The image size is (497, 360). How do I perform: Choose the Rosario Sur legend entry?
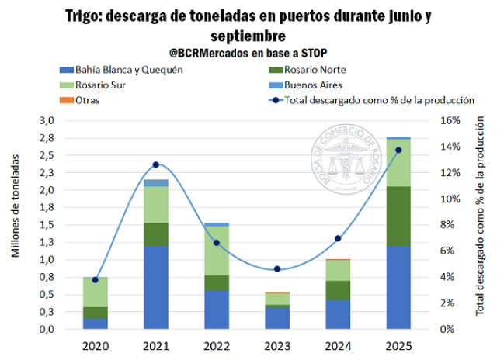pyautogui.click(x=93, y=85)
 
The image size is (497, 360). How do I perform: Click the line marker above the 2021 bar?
pyautogui.click(x=156, y=164)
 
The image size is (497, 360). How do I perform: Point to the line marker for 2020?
pyautogui.click(x=96, y=279)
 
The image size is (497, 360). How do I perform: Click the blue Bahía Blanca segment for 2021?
pyautogui.click(x=156, y=287)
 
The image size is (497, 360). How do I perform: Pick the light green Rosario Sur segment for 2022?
pyautogui.click(x=217, y=251)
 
